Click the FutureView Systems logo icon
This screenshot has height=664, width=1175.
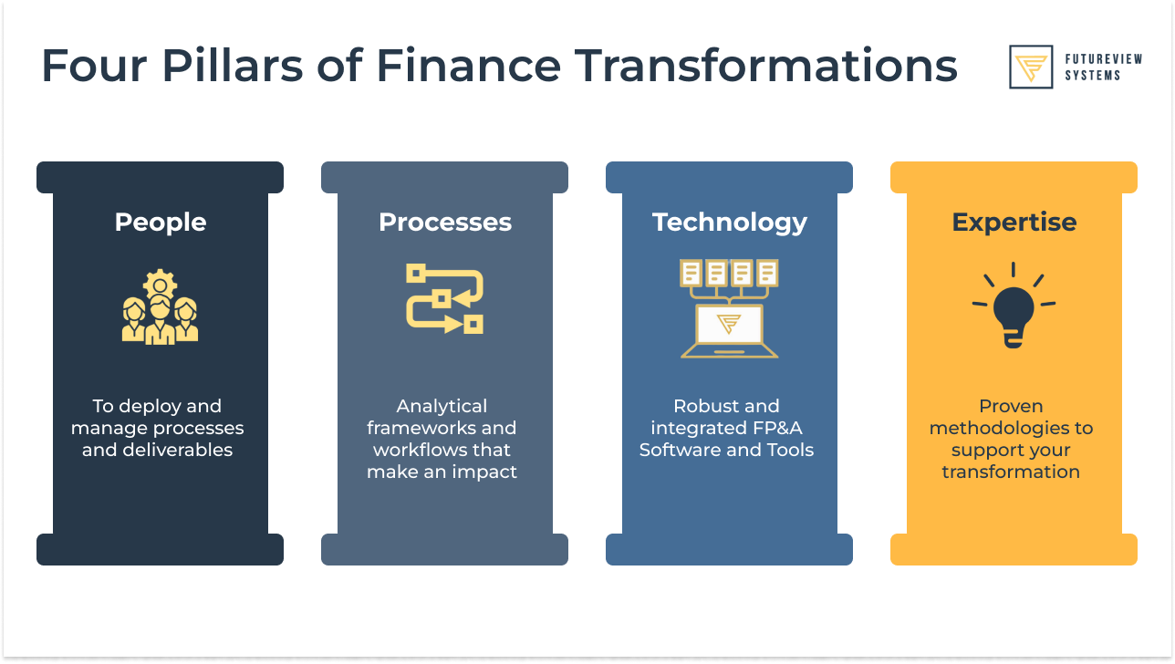point(1031,67)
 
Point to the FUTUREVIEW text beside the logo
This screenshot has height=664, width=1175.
point(1104,59)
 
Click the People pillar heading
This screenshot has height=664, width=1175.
point(161,223)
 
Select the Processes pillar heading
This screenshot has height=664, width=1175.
point(445,223)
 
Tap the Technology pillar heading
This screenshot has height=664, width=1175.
point(730,223)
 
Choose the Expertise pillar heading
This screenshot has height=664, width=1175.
point(1014,223)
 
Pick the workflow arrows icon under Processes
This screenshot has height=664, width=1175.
point(445,298)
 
